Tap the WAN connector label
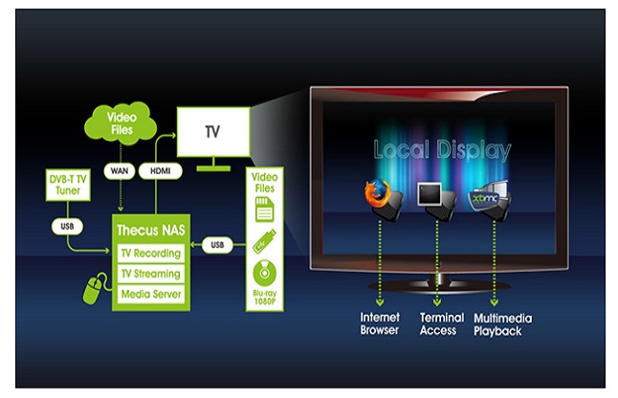pyautogui.click(x=119, y=169)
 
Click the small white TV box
pyautogui.click(x=212, y=132)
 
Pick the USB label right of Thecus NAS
pyautogui.click(x=217, y=245)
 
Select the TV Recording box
pyautogui.click(x=150, y=254)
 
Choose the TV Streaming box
pyautogui.click(x=150, y=274)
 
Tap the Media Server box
pyautogui.click(x=150, y=293)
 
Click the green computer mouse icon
pyautogui.click(x=94, y=290)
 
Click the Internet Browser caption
pyautogui.click(x=380, y=324)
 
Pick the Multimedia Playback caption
pyautogui.click(x=502, y=324)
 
